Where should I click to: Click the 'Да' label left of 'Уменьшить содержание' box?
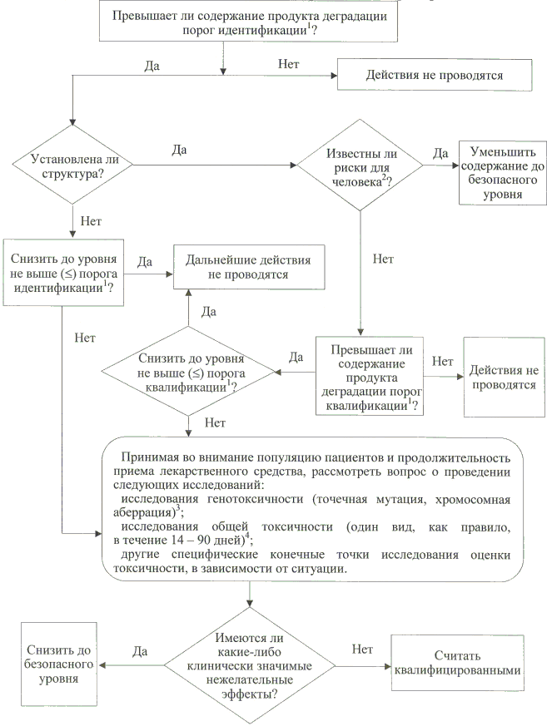pyautogui.click(x=440, y=153)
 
